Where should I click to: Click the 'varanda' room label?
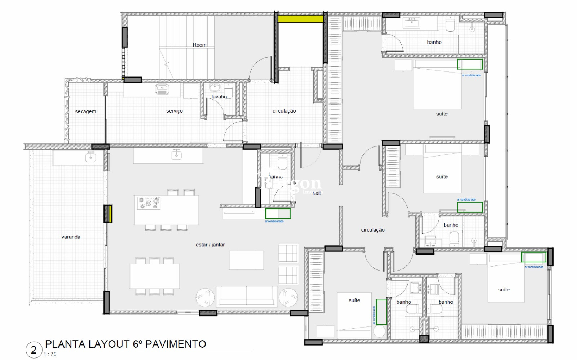click(x=71, y=237)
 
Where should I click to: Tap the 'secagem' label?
click(x=85, y=111)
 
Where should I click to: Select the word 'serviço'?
click(x=175, y=111)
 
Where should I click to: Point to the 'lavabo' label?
click(x=219, y=97)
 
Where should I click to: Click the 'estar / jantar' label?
click(x=210, y=245)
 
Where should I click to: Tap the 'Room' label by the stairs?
click(x=199, y=45)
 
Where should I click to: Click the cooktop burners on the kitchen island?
click(x=149, y=203)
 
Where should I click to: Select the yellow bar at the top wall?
click(x=300, y=18)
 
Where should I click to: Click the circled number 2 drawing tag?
click(x=34, y=350)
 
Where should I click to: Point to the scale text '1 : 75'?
click(x=50, y=354)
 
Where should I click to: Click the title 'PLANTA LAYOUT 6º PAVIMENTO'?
click(x=125, y=344)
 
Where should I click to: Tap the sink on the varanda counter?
click(x=90, y=157)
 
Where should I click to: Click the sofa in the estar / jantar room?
click(x=246, y=296)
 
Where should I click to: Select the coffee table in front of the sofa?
click(x=246, y=260)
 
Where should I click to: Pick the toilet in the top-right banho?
click(x=450, y=25)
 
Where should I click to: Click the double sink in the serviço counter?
click(x=162, y=89)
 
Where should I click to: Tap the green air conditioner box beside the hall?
click(x=278, y=214)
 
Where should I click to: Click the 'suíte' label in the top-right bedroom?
click(x=442, y=114)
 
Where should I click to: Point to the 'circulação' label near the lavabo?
click(x=284, y=111)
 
